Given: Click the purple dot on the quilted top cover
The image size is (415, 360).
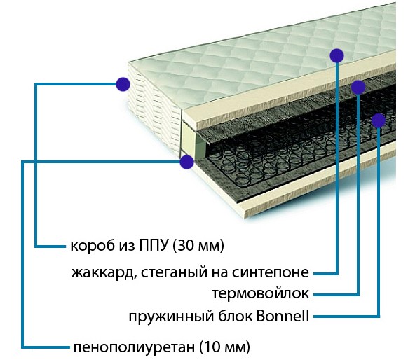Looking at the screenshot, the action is [337, 55].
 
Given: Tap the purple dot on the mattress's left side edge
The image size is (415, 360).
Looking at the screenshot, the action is [123, 84].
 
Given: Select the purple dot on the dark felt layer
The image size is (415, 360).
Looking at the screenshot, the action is [358, 87].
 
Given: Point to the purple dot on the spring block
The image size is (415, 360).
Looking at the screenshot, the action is [379, 120].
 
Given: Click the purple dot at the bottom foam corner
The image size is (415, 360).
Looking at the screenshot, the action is [186, 162].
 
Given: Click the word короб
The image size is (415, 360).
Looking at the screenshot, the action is [89, 246].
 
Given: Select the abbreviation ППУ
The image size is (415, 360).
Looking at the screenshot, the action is [154, 245].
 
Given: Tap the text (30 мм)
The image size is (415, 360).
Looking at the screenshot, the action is [198, 246].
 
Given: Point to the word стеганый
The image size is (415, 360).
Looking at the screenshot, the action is [173, 272].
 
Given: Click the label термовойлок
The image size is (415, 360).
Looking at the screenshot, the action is [261, 293].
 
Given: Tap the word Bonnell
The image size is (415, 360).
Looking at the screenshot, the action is [283, 316].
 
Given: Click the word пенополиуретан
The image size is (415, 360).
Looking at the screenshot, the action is [134, 347].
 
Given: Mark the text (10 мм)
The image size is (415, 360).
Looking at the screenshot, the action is [224, 347].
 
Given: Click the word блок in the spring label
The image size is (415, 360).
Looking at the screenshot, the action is [236, 316].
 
